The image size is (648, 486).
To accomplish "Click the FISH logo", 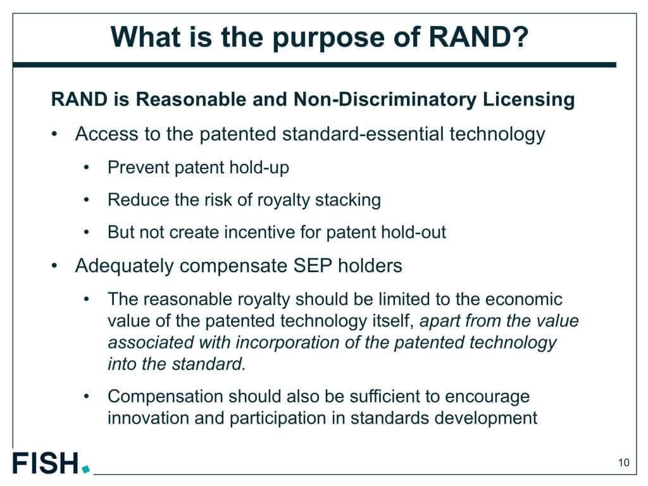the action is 51,463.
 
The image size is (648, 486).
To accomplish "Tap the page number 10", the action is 623,462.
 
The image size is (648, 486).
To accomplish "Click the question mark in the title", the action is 521,37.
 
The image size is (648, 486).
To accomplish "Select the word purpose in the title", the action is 328,39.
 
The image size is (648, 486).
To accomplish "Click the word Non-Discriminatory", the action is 384,99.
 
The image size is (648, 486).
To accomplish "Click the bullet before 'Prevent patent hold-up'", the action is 86,168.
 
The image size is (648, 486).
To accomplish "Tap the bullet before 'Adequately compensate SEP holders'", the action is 54,266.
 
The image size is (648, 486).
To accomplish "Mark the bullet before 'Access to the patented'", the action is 54,134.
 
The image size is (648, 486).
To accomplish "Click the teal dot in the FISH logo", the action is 86,469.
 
